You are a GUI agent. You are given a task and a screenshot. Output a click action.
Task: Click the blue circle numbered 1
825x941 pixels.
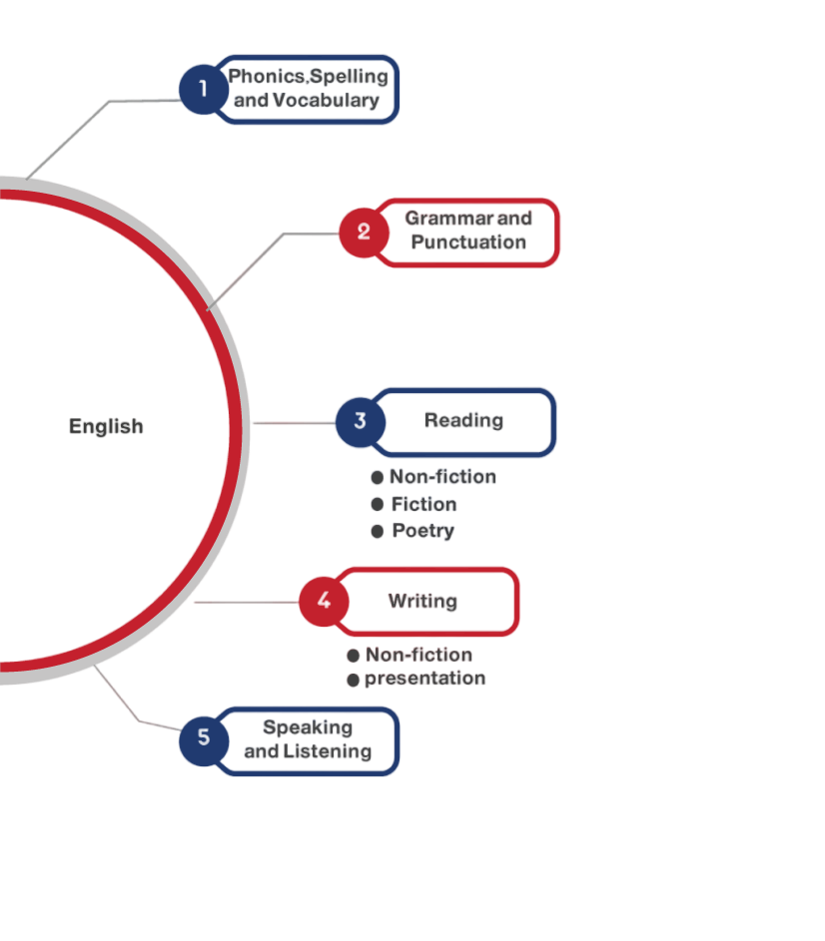(x=204, y=89)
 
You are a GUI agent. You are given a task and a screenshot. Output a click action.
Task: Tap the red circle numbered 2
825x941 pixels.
(x=364, y=232)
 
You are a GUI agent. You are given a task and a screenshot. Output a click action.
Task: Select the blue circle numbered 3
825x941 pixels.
(x=360, y=422)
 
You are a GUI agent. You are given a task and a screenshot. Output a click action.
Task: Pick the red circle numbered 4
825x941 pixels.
(x=324, y=601)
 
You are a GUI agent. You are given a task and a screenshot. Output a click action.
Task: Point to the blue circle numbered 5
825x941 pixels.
(x=204, y=738)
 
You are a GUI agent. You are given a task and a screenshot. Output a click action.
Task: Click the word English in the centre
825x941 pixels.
(x=106, y=426)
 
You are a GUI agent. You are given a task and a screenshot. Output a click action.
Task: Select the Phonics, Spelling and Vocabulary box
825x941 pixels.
(x=307, y=89)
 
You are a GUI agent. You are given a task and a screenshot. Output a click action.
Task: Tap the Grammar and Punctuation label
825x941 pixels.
(x=468, y=231)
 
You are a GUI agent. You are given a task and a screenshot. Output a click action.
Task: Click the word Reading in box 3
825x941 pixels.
(x=463, y=420)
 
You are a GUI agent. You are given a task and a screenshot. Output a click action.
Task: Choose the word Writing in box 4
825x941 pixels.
(x=422, y=601)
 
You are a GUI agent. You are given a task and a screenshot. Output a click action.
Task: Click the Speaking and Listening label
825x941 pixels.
(x=308, y=739)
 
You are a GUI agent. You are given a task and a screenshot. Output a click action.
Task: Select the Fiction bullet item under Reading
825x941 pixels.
(x=423, y=505)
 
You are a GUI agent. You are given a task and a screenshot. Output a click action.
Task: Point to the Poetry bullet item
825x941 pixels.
(x=422, y=531)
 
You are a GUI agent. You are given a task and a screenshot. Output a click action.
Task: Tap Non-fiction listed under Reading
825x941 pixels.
(x=442, y=477)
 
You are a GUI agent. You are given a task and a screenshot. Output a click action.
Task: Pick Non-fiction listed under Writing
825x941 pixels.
(x=417, y=656)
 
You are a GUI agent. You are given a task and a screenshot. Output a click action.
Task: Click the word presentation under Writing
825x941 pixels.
(x=424, y=679)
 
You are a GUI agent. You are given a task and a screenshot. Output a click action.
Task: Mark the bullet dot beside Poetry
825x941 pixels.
(x=377, y=532)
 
